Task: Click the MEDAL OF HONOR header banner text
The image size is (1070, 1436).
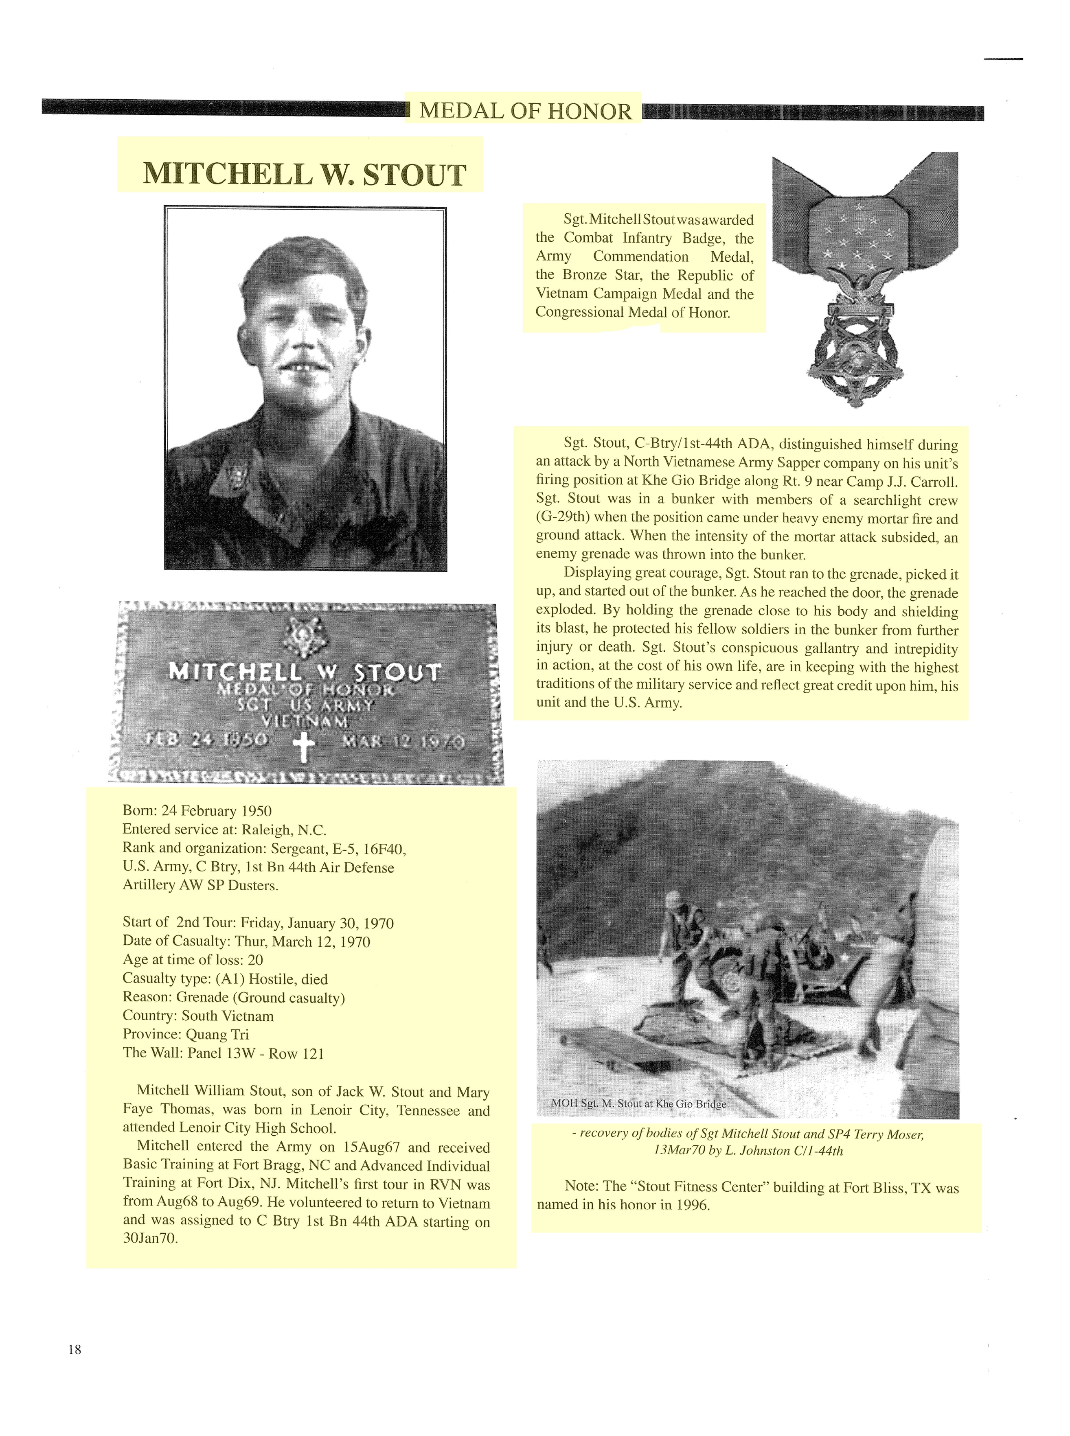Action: click(x=525, y=112)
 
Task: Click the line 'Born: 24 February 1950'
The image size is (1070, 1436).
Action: click(x=197, y=810)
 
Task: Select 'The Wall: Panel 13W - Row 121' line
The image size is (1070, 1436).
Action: click(x=223, y=1053)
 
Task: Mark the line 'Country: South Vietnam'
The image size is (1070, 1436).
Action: click(x=198, y=1016)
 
